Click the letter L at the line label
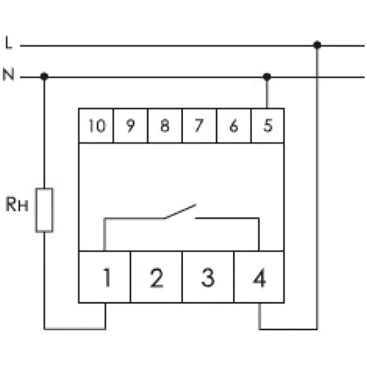[9, 42]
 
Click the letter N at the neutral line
[9, 74]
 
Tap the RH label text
[17, 204]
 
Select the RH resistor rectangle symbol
[45, 210]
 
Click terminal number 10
[97, 126]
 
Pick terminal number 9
[130, 126]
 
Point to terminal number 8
[165, 125]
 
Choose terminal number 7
[199, 125]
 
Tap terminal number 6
[234, 126]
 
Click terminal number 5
[268, 125]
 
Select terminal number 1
[107, 278]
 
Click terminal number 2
[157, 278]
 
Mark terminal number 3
[208, 278]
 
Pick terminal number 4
[260, 278]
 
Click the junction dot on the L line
[317, 45]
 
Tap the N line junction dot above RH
[44, 76]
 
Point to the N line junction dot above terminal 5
[267, 77]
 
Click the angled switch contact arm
[181, 212]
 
